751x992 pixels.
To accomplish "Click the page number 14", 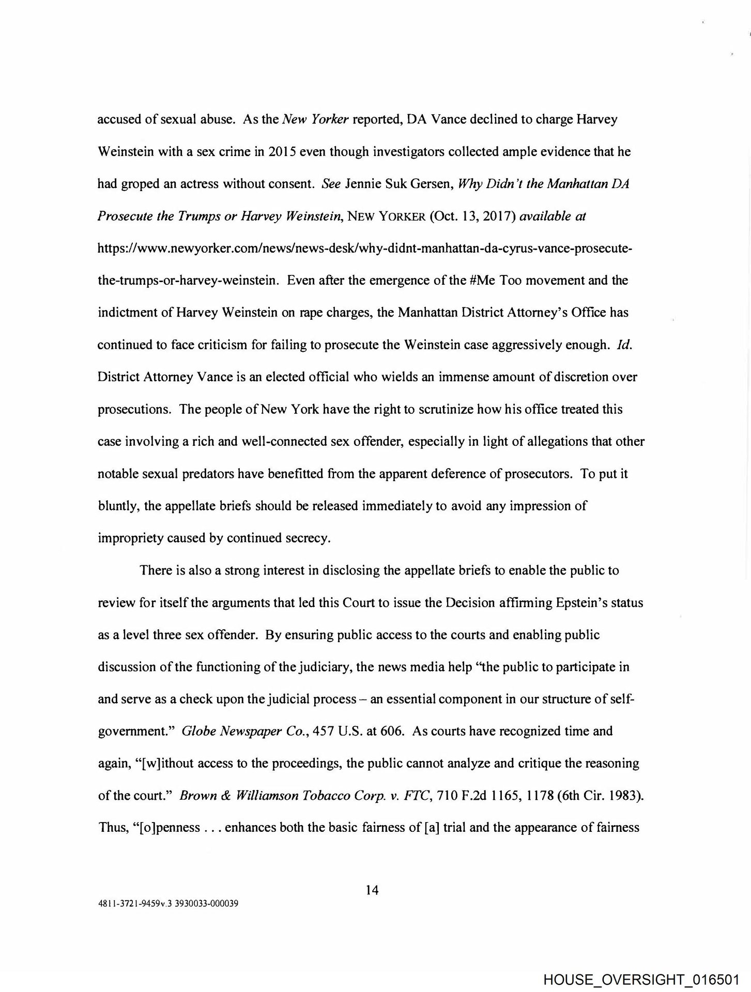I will (x=372, y=890).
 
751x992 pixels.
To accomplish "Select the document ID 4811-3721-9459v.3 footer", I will (x=167, y=904).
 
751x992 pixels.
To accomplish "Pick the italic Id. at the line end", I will (x=625, y=345).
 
